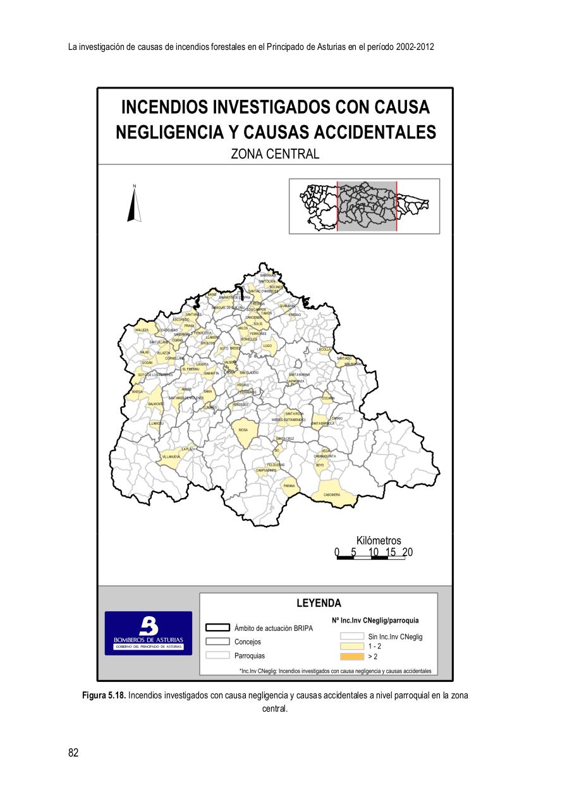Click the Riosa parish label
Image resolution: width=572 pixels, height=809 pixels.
click(243, 429)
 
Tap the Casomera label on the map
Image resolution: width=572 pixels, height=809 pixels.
click(332, 494)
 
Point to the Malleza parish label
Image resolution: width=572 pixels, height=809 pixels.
click(142, 330)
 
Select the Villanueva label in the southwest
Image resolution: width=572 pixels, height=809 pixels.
click(171, 456)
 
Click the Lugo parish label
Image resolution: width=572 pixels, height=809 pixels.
click(267, 346)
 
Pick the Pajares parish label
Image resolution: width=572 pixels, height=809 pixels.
click(289, 485)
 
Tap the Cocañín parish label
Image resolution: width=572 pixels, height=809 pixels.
click(327, 398)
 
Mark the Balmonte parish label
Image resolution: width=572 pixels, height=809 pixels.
click(155, 403)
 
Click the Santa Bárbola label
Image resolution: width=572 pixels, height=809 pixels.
click(322, 423)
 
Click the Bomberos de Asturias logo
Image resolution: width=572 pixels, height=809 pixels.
click(149, 633)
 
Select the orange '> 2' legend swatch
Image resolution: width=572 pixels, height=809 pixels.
click(352, 656)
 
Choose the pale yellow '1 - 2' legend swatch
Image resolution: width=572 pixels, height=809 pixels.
click(352, 647)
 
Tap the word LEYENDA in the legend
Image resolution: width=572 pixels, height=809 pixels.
click(319, 603)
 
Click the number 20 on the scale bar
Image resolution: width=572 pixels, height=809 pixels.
click(407, 552)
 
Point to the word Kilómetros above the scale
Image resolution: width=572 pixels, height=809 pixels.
click(379, 540)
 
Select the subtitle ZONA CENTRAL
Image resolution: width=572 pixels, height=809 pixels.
click(275, 154)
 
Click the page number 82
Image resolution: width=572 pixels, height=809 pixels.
click(73, 752)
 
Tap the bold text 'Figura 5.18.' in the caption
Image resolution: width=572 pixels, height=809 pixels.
click(104, 695)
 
